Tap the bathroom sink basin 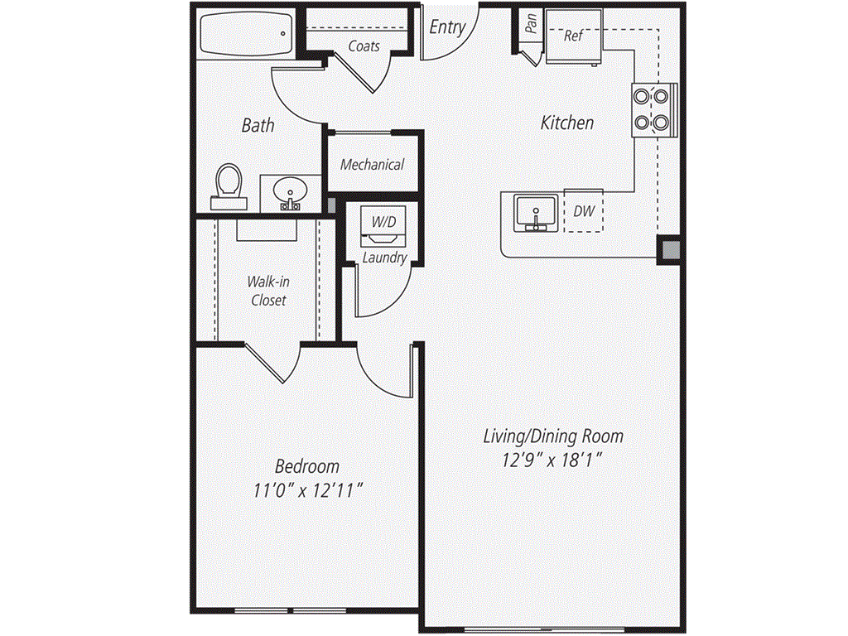tap(289, 194)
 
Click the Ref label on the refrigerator tap(573, 36)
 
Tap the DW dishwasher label tap(584, 211)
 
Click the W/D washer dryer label tap(383, 222)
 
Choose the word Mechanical tap(373, 164)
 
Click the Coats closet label tap(364, 46)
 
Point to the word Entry tap(447, 26)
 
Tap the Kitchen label tap(567, 123)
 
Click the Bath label tap(258, 126)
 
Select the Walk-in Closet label tap(268, 291)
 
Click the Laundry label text tap(384, 258)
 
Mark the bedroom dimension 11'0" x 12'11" tap(307, 490)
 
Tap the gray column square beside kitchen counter tap(668, 249)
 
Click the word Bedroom tap(307, 466)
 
